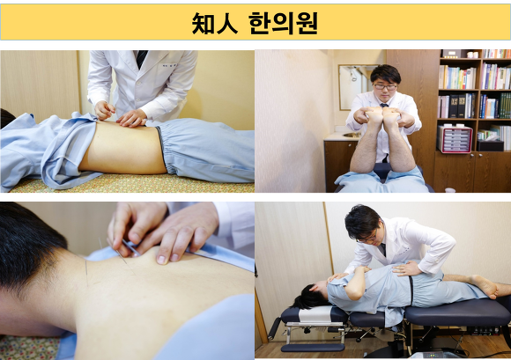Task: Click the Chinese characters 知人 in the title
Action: click(x=215, y=23)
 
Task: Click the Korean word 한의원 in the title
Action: click(x=280, y=23)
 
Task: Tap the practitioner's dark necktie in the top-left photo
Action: click(x=141, y=57)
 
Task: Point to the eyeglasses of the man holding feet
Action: click(x=384, y=86)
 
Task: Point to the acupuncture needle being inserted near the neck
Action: click(x=130, y=249)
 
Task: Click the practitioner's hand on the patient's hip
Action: click(x=406, y=268)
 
